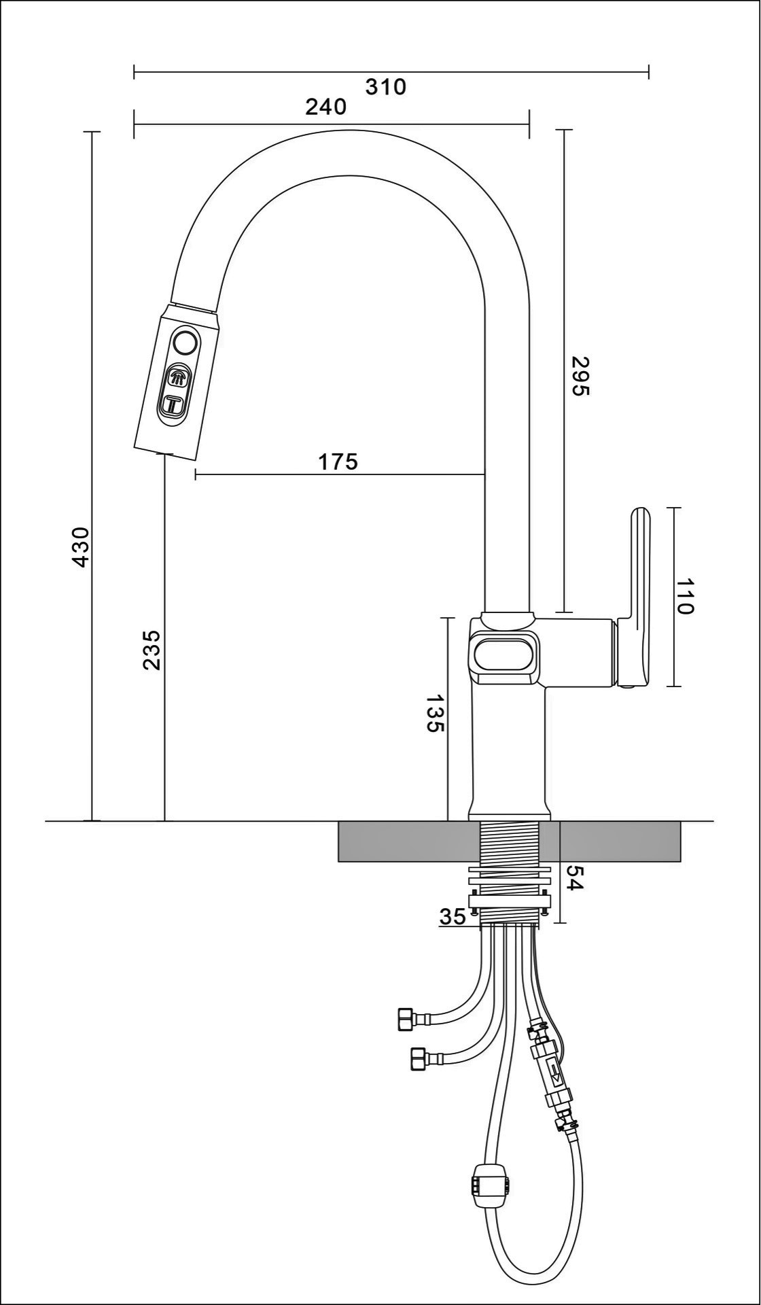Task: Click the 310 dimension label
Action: tap(385, 88)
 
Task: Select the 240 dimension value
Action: tap(325, 107)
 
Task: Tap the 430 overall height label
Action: tap(81, 547)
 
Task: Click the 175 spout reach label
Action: tap(338, 462)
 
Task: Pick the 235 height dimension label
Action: tap(152, 650)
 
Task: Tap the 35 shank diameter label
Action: tap(453, 917)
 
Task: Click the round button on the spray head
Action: tap(185, 343)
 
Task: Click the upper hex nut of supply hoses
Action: tap(404, 1020)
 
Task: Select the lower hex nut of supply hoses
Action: tap(419, 1059)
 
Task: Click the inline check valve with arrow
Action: tap(553, 1073)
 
